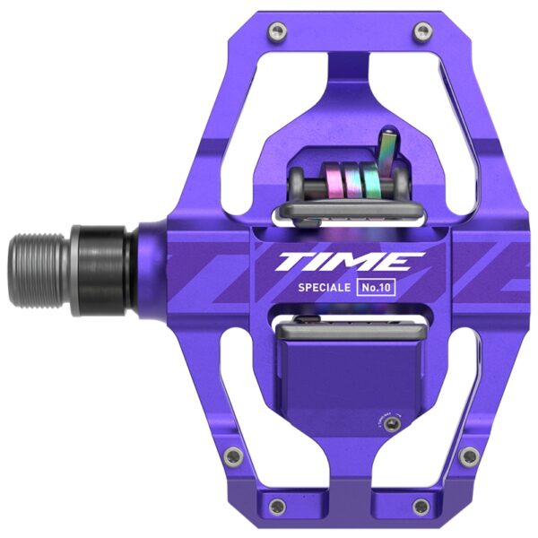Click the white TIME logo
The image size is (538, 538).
(349, 262)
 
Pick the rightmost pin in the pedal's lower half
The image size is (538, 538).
(467, 455)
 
